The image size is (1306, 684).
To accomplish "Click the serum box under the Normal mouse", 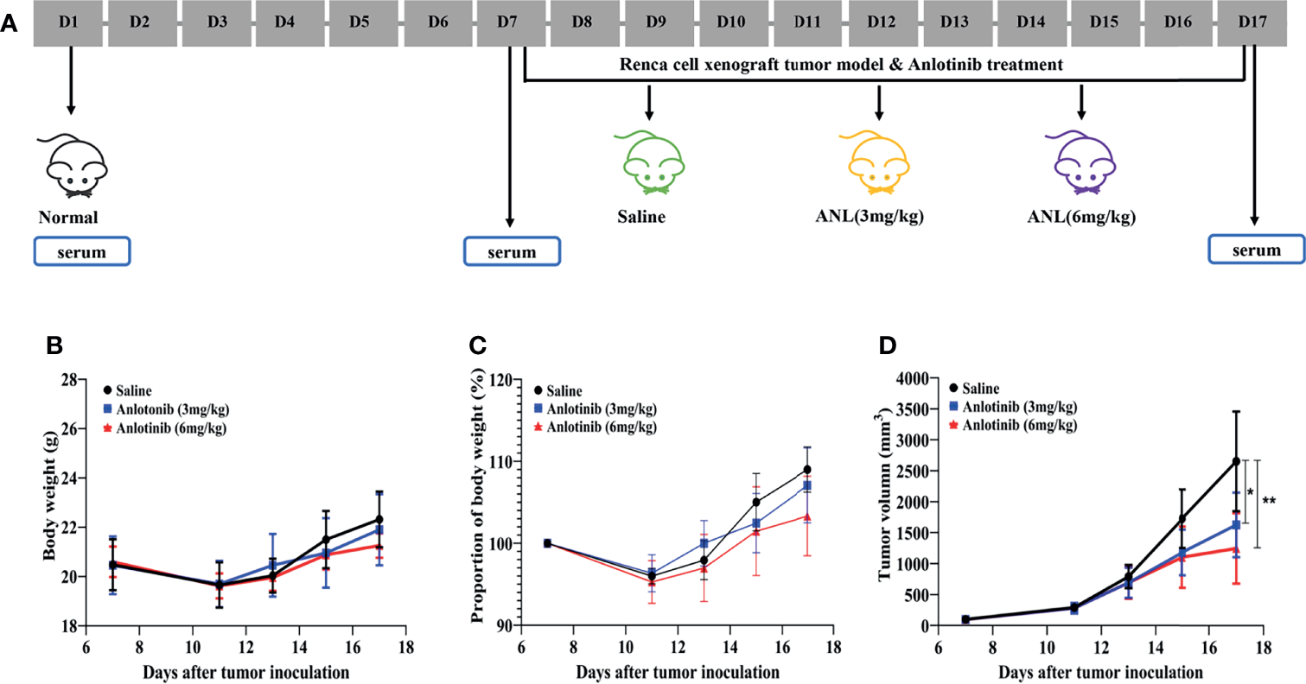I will (82, 251).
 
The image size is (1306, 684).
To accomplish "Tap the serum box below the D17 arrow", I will (1256, 250).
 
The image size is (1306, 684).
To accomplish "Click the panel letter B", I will (53, 346).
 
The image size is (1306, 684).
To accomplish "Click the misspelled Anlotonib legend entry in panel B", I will (162, 409).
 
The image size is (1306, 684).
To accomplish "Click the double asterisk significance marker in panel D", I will (1269, 500).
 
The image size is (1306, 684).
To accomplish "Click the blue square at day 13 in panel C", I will (704, 543).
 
